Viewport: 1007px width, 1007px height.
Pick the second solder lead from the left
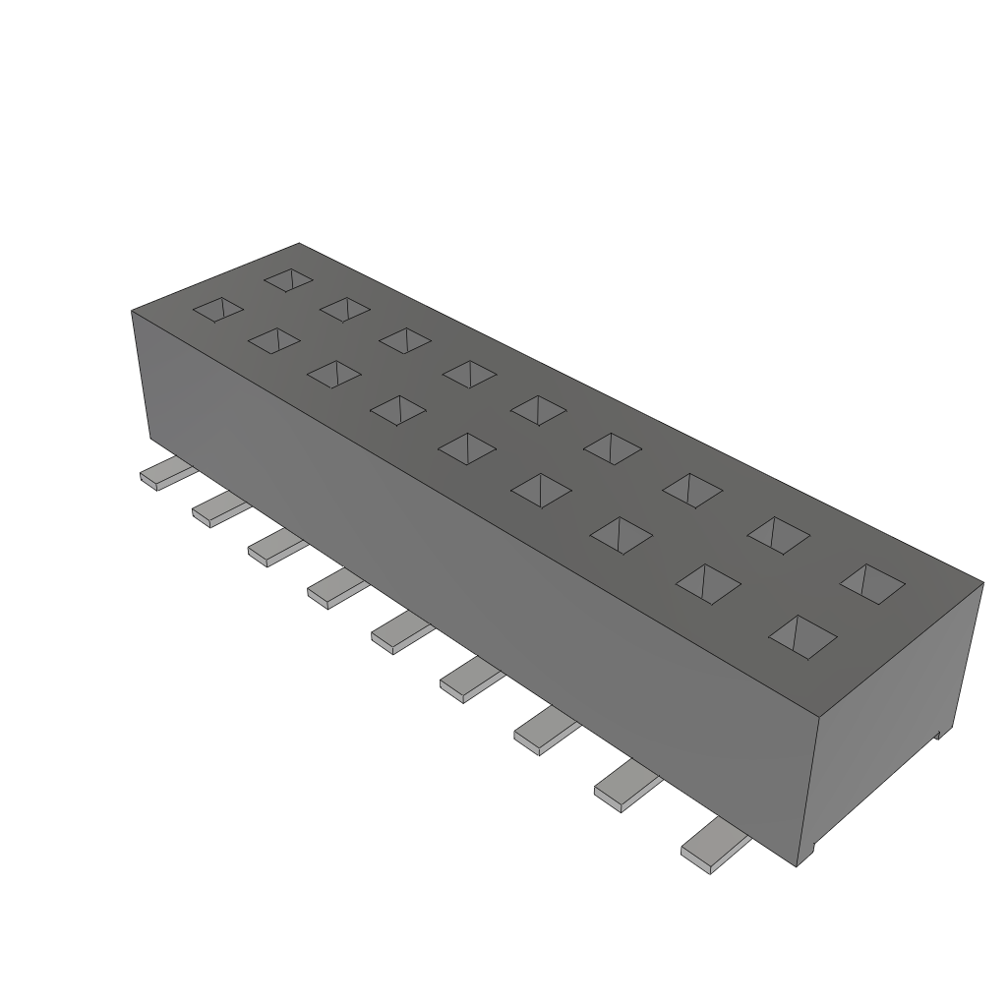point(218,509)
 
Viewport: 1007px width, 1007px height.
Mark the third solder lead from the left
point(274,547)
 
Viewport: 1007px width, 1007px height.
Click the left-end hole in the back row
point(288,279)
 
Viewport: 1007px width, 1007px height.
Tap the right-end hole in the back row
point(871,581)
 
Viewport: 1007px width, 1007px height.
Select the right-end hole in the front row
point(802,635)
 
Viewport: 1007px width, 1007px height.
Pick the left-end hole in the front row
point(217,310)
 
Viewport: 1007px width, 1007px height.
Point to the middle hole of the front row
point(467,447)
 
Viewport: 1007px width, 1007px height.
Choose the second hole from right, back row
point(779,532)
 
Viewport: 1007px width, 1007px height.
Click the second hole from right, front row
point(707,581)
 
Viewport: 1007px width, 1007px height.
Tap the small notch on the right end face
point(938,733)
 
